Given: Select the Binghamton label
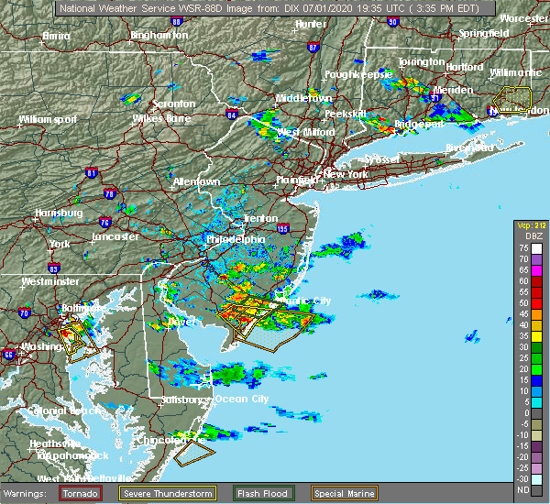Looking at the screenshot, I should pyautogui.click(x=159, y=35).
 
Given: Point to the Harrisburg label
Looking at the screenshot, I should pyautogui.click(x=58, y=213).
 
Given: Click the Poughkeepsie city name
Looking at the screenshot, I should pyautogui.click(x=358, y=72).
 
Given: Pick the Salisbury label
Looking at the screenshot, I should pyautogui.click(x=181, y=400).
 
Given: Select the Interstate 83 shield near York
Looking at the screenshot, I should pyautogui.click(x=54, y=268).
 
